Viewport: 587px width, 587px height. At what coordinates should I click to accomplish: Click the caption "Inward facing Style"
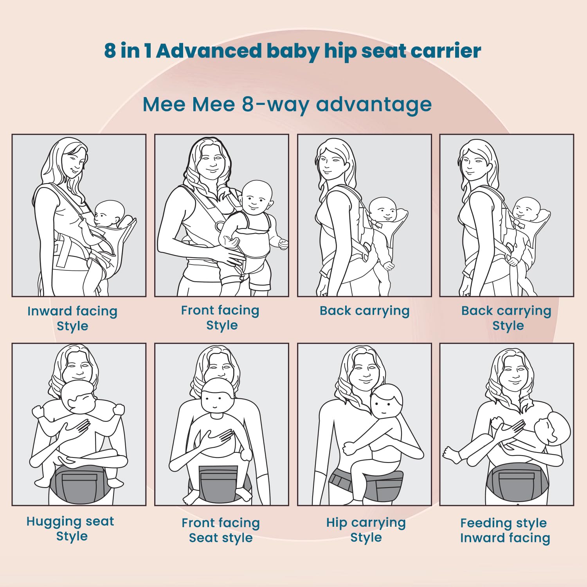pyautogui.click(x=72, y=318)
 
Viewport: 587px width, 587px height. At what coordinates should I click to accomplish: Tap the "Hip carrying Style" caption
pyautogui.click(x=366, y=529)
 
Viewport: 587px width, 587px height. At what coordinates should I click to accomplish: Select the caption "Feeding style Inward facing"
pyautogui.click(x=505, y=530)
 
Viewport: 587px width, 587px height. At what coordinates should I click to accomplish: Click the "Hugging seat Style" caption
pyautogui.click(x=70, y=528)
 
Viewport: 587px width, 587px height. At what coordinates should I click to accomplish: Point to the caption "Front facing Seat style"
pyautogui.click(x=221, y=530)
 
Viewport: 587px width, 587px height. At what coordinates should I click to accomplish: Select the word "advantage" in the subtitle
pyautogui.click(x=374, y=105)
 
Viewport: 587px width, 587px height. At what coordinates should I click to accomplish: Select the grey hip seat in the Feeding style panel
pyautogui.click(x=517, y=482)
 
